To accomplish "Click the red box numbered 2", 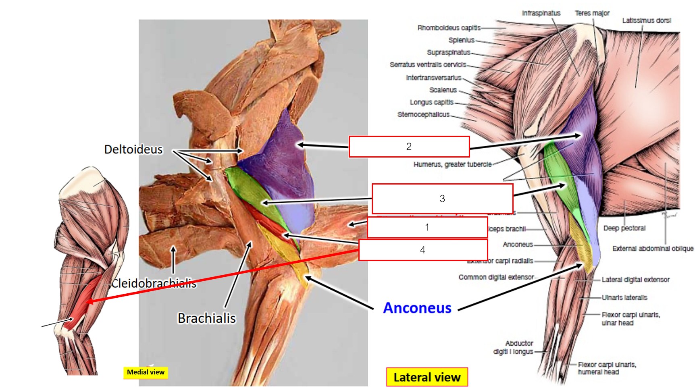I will click(x=409, y=147).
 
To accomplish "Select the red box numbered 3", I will click(x=442, y=199).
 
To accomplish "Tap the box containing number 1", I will click(x=427, y=227).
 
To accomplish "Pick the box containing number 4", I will click(x=422, y=250).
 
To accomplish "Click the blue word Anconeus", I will click(x=417, y=308).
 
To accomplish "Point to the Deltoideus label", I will click(x=133, y=149).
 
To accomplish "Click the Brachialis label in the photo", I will click(x=207, y=318).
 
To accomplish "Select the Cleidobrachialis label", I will click(x=154, y=284).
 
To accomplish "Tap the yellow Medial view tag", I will click(x=146, y=372).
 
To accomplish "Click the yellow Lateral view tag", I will click(x=427, y=378).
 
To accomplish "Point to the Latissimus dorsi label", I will click(x=646, y=21).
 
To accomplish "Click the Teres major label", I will click(x=592, y=13).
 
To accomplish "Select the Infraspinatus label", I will click(x=541, y=13).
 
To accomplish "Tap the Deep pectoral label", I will click(x=624, y=228).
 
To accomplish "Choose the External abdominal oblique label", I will click(x=653, y=249).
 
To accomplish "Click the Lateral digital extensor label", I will click(x=635, y=280).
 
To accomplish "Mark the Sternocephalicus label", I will click(x=423, y=114).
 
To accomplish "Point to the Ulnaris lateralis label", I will click(x=624, y=298).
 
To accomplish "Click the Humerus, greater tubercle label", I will click(x=452, y=164).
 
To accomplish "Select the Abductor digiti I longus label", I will click(x=514, y=347).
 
